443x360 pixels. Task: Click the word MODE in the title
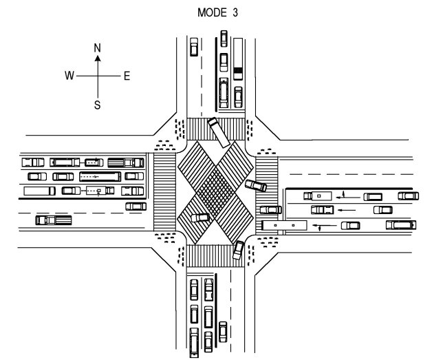click(x=208, y=12)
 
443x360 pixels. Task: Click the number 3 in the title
click(x=235, y=12)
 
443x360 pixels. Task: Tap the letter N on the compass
click(x=97, y=48)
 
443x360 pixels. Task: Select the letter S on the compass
click(x=97, y=105)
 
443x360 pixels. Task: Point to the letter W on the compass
click(x=69, y=76)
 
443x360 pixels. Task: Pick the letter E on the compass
click(x=127, y=76)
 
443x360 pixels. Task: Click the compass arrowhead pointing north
click(x=98, y=59)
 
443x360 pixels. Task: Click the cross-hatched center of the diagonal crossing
click(x=215, y=192)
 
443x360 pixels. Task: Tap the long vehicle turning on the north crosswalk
click(x=219, y=132)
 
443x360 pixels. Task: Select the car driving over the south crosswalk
click(x=238, y=250)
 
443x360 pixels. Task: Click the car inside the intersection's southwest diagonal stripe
click(x=200, y=218)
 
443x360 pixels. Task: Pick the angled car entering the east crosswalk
click(x=256, y=186)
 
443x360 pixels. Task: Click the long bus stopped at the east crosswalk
click(x=284, y=225)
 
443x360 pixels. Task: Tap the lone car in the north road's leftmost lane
click(x=194, y=47)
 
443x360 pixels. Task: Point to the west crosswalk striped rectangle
click(x=164, y=192)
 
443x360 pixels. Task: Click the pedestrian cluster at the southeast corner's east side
click(x=268, y=242)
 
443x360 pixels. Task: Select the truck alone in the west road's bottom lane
click(x=54, y=220)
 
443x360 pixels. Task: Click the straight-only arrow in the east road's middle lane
click(x=347, y=210)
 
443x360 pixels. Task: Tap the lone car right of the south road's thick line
click(x=223, y=332)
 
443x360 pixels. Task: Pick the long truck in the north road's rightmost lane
click(x=238, y=59)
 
